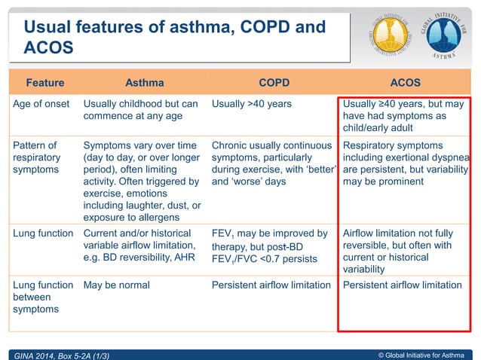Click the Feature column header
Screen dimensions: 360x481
pyautogui.click(x=44, y=82)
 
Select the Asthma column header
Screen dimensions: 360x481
pyautogui.click(x=143, y=82)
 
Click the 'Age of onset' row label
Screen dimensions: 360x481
pyautogui.click(x=41, y=104)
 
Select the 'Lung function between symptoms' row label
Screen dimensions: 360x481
pyautogui.click(x=42, y=297)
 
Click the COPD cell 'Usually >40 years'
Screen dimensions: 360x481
pyautogui.click(x=252, y=104)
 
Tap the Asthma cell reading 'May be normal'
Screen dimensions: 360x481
pyautogui.click(x=116, y=285)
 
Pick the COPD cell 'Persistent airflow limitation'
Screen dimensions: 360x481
pyautogui.click(x=271, y=285)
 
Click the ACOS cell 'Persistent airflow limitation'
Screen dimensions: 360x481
pyautogui.click(x=402, y=285)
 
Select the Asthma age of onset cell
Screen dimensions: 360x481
pyautogui.click(x=140, y=110)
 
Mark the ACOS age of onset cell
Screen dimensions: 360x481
pyautogui.click(x=403, y=116)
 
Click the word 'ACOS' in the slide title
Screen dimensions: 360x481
pyautogui.click(x=48, y=48)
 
